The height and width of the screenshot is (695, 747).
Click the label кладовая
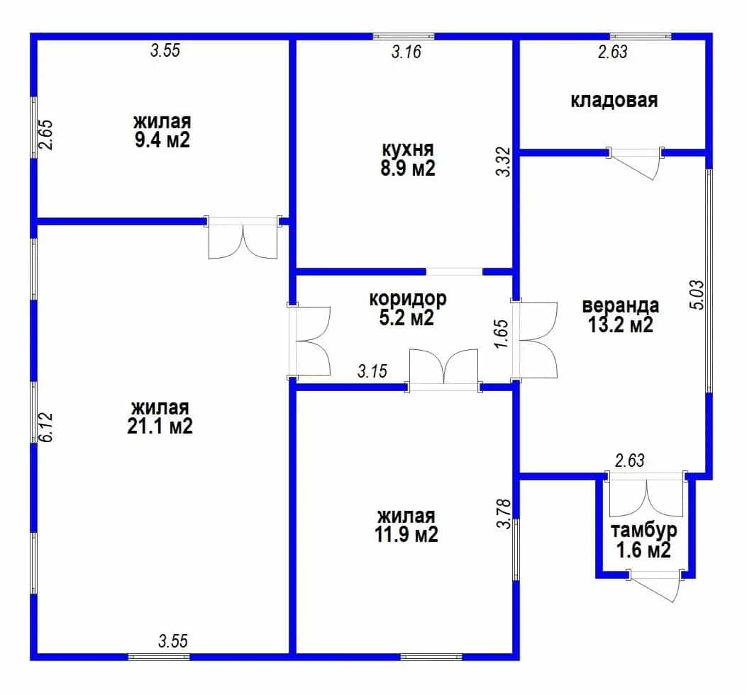[x=614, y=101]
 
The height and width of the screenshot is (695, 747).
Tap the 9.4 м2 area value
[x=162, y=140]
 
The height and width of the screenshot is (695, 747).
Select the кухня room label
[x=408, y=149]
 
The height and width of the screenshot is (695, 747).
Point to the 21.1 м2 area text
[x=160, y=426]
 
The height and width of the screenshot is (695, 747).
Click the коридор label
[x=408, y=299]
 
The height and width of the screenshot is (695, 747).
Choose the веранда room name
[x=621, y=305]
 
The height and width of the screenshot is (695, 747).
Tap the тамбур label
[x=643, y=530]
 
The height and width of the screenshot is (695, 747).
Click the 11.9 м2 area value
[x=406, y=535]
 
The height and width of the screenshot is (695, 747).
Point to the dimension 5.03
[x=697, y=295]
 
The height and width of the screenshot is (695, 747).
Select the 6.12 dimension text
[x=46, y=426]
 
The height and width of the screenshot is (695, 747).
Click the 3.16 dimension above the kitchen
[x=406, y=52]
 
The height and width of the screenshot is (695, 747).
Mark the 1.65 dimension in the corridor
[x=502, y=334]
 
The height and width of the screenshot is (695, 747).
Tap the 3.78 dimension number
[x=504, y=514]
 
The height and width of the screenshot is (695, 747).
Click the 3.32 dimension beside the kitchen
[x=503, y=162]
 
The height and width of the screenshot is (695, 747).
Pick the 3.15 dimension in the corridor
[x=372, y=371]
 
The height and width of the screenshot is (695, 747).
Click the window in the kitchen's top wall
[x=404, y=36]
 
